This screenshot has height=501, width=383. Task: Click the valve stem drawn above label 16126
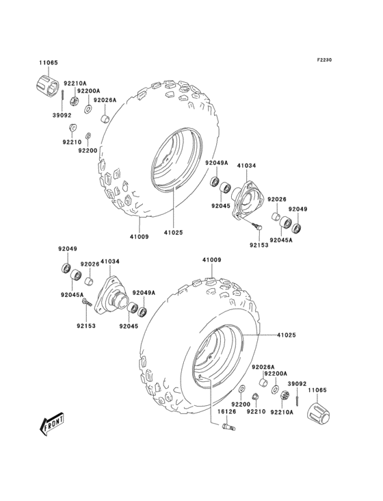[228, 427]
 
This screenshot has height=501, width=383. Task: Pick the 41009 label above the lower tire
[211, 260]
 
